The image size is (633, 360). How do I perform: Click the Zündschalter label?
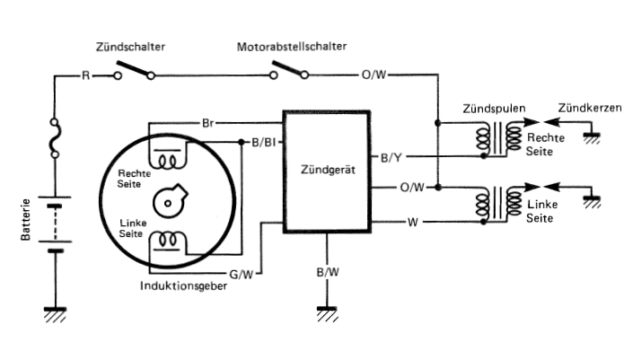(x=130, y=47)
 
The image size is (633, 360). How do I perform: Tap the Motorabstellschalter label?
(x=292, y=47)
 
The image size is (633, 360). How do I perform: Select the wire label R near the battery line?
(x=85, y=75)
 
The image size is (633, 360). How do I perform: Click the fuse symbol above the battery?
(x=56, y=137)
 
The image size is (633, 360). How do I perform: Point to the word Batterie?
(x=25, y=220)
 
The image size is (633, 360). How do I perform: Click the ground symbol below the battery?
(x=55, y=315)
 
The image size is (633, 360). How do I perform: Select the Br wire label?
(x=207, y=123)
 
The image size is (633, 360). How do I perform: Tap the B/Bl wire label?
(x=264, y=143)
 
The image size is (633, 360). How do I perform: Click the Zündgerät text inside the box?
(x=328, y=170)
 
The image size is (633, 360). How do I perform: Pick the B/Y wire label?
(x=391, y=157)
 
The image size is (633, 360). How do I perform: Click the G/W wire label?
(x=241, y=275)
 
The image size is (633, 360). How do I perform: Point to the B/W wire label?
(x=328, y=272)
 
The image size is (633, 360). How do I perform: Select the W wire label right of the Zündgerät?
(x=413, y=222)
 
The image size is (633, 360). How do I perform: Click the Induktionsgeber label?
(x=183, y=285)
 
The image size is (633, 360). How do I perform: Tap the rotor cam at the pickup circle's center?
(x=170, y=201)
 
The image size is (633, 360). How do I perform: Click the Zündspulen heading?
(x=494, y=108)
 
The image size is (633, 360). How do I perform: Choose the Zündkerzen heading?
(x=590, y=108)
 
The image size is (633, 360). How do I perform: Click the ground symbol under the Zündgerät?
(x=327, y=313)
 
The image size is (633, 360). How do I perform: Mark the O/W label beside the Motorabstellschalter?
(x=374, y=75)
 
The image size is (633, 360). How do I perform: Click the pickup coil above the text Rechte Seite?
(x=168, y=160)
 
